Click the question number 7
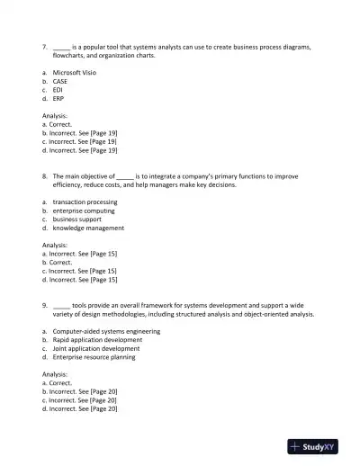coord(45,47)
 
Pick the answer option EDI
coord(58,90)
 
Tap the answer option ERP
coord(58,98)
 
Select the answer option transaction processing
coord(85,202)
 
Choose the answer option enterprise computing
coord(84,211)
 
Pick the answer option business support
coord(77,219)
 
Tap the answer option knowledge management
coord(88,228)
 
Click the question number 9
coord(45,305)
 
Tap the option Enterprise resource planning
coord(94,357)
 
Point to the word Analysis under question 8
coord(54,245)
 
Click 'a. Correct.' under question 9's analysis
coord(59,383)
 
